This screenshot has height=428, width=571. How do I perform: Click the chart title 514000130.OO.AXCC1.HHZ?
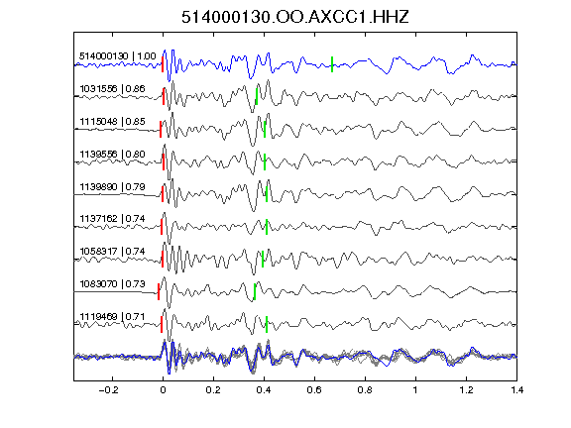click(x=295, y=17)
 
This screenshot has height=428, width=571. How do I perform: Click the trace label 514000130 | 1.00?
click(x=118, y=56)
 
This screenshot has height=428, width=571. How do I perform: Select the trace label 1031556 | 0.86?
click(x=112, y=89)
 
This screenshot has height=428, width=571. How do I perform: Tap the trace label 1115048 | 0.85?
click(x=112, y=122)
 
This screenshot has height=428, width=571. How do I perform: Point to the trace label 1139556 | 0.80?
click(x=112, y=155)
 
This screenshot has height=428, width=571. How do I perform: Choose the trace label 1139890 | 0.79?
click(x=112, y=187)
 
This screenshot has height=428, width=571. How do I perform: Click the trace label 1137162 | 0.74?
click(x=112, y=219)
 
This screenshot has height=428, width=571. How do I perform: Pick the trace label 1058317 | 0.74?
click(x=112, y=252)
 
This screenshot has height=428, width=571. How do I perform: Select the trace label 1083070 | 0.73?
click(x=112, y=284)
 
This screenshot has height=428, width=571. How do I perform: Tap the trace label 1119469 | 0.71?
click(x=112, y=317)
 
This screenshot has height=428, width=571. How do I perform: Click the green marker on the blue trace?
click(x=332, y=64)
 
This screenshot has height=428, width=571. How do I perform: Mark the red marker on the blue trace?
click(x=163, y=64)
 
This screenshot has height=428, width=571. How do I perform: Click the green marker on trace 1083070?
click(x=255, y=292)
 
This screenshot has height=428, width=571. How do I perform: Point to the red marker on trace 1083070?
click(x=159, y=292)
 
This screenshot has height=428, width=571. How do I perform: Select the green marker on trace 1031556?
click(x=257, y=96)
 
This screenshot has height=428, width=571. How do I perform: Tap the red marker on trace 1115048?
click(x=161, y=129)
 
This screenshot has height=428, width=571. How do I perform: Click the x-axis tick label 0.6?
click(x=314, y=390)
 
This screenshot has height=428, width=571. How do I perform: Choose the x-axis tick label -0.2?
click(x=109, y=390)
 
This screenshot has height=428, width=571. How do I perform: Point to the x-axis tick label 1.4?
click(x=516, y=390)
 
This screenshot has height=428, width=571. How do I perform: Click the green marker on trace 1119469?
click(x=267, y=324)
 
